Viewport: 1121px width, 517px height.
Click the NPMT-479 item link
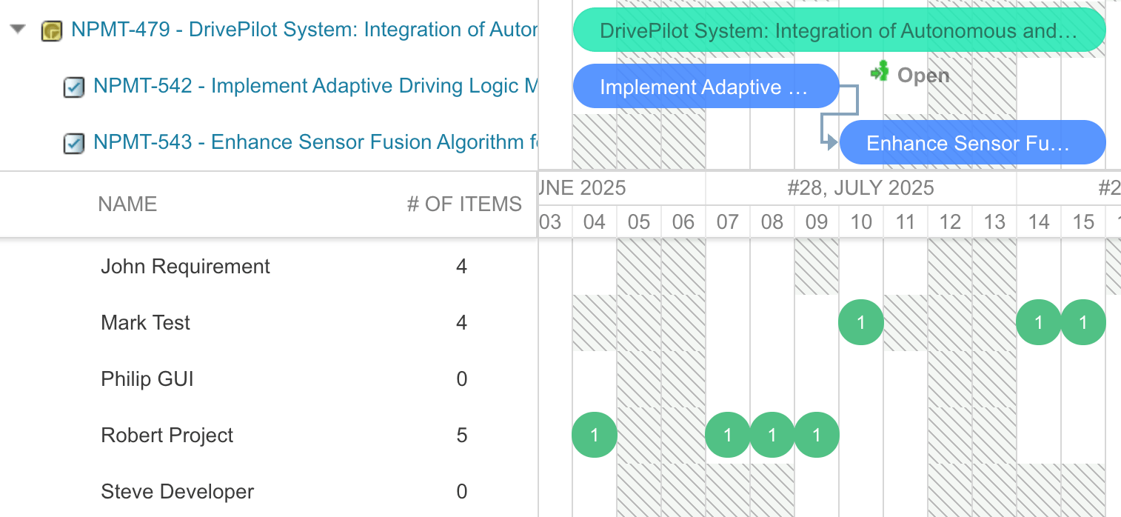[304, 30]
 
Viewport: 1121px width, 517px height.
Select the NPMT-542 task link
[315, 86]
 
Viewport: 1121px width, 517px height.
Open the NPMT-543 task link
[315, 142]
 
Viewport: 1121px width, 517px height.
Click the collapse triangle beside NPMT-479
[18, 29]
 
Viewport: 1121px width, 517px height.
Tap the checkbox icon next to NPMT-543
[73, 143]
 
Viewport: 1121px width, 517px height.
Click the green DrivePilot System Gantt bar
[839, 30]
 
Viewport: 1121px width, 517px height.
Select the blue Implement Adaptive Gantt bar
[706, 86]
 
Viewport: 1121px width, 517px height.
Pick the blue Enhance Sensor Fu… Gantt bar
[972, 143]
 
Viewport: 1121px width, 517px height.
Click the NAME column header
[127, 204]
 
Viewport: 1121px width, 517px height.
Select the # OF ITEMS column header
[464, 204]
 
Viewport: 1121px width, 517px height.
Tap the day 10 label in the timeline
[861, 221]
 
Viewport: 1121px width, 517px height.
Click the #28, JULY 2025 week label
[861, 188]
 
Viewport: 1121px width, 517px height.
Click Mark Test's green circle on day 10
[861, 322]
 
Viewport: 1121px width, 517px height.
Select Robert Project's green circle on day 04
[595, 435]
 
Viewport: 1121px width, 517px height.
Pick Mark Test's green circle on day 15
[1083, 322]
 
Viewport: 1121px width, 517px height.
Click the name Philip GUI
[147, 379]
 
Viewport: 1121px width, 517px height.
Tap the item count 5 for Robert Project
[461, 436]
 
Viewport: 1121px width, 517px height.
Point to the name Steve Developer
[177, 492]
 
